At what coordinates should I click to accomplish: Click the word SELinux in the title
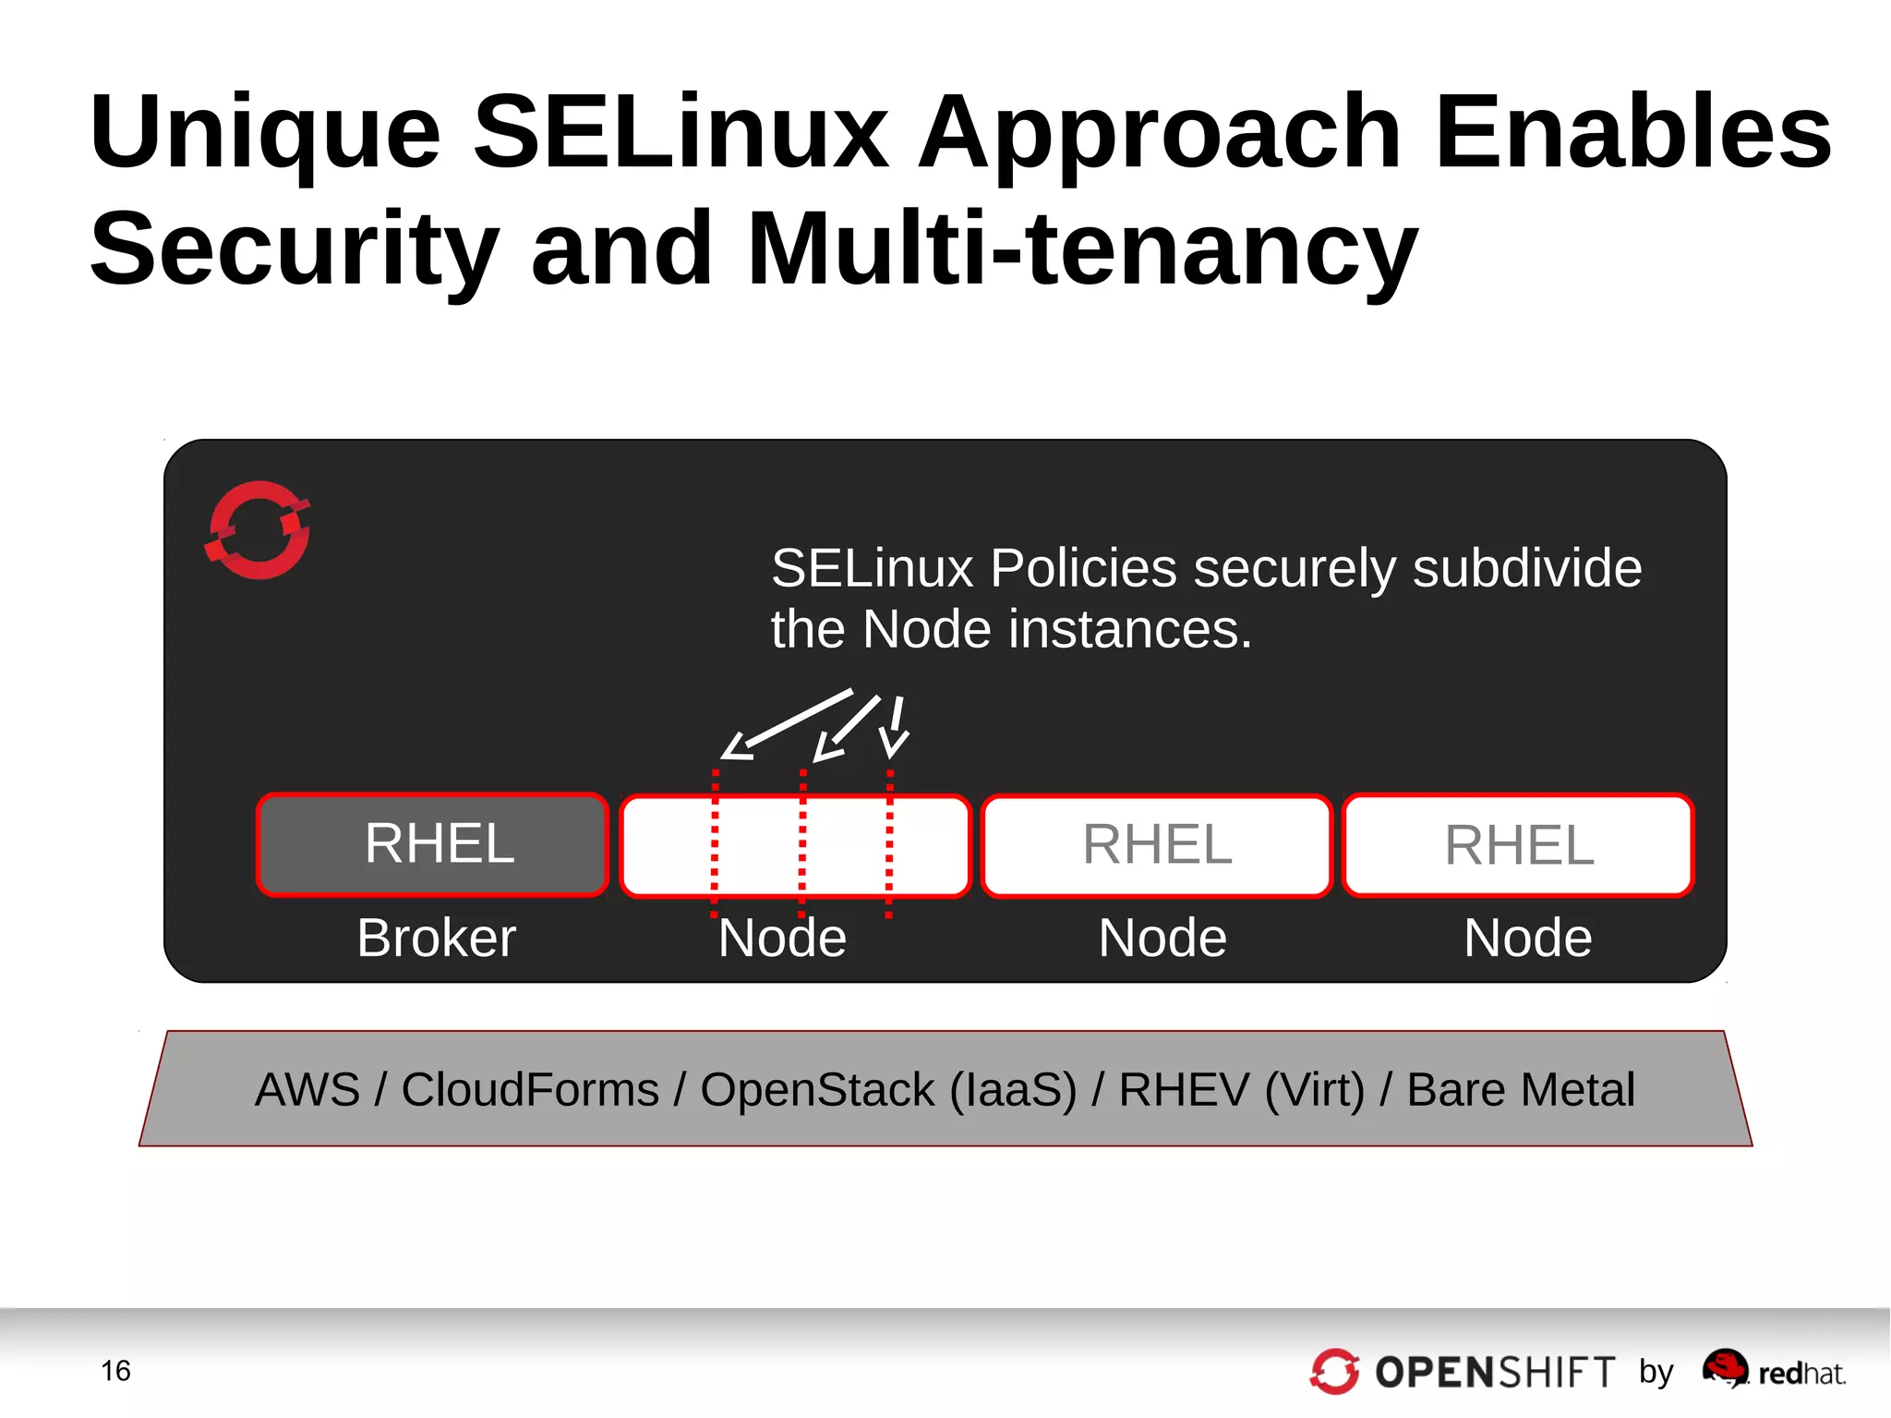tap(681, 131)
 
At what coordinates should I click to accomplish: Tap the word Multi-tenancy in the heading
tap(1081, 248)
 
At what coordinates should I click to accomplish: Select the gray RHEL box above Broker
tap(432, 844)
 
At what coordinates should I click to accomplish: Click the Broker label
tap(436, 938)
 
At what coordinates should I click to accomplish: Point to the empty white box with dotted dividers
tap(795, 844)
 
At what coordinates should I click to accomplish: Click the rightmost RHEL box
tap(1518, 844)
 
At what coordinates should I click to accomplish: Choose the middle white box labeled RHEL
tap(1156, 844)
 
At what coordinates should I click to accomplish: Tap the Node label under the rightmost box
tap(1527, 938)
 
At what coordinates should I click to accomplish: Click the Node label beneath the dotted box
tap(782, 938)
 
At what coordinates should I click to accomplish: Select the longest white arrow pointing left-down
tap(787, 723)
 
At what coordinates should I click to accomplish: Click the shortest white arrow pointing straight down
tap(895, 727)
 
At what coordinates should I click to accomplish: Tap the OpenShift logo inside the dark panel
tap(258, 530)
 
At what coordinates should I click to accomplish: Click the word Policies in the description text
tap(1083, 567)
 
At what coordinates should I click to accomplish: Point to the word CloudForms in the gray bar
tap(529, 1089)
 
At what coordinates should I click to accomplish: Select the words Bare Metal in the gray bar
tap(1520, 1089)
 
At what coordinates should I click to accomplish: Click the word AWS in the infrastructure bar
tap(307, 1089)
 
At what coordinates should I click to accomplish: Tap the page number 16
tap(115, 1371)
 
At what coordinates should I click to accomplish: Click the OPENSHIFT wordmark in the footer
tap(1494, 1373)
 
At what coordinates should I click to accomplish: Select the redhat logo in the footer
tap(1773, 1371)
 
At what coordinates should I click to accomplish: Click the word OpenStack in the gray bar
tap(817, 1089)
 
